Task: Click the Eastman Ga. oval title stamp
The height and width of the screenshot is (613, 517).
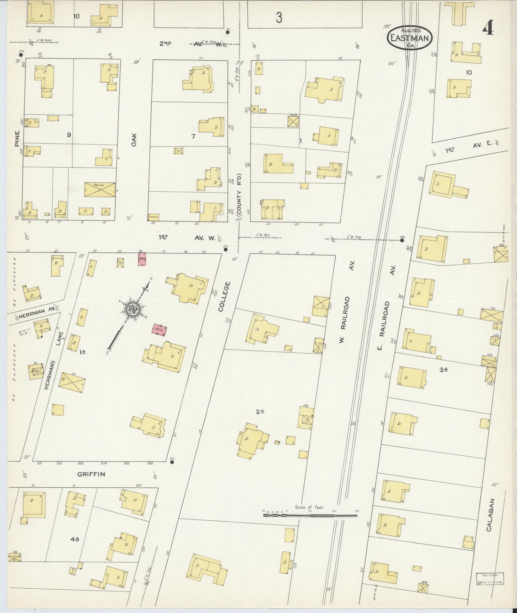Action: (410, 38)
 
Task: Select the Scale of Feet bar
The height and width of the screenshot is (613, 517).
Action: (310, 516)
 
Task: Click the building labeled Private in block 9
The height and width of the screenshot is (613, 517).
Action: (100, 189)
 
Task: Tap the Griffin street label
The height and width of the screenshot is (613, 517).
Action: (91, 474)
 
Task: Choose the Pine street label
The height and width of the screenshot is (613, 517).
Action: (17, 138)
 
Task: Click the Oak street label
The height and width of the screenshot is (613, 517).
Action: (134, 140)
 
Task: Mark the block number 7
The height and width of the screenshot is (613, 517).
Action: (193, 137)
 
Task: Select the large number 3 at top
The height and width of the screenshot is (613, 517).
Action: (279, 18)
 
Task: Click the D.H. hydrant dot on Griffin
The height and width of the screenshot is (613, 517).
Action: (172, 462)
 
